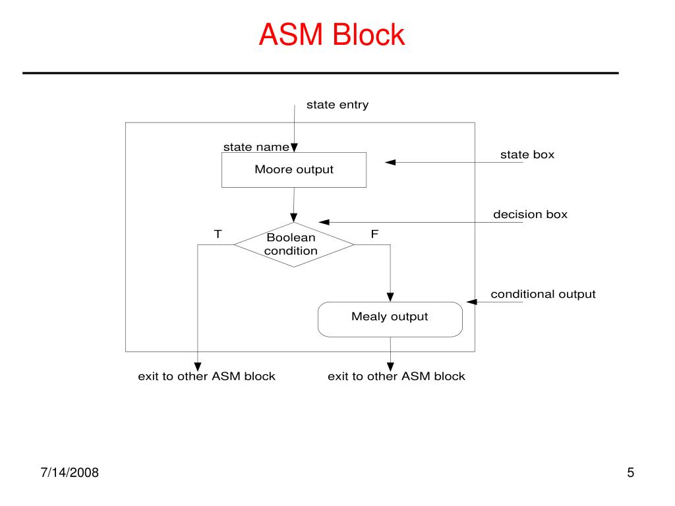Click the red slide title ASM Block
(x=332, y=34)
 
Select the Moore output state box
(x=294, y=170)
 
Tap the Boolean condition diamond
(x=294, y=245)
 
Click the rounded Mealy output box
(x=390, y=320)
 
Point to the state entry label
(x=337, y=105)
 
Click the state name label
(x=256, y=147)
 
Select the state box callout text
(x=527, y=154)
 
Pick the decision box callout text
(x=531, y=214)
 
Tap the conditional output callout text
(x=543, y=295)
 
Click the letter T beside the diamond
(x=218, y=234)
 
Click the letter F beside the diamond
(x=374, y=234)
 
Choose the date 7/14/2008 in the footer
(x=70, y=472)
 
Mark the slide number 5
(x=631, y=472)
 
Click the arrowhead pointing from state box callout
(x=390, y=162)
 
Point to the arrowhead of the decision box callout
(x=324, y=222)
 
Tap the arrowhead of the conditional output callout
(x=471, y=302)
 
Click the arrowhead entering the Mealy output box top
(x=390, y=297)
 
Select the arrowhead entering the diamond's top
(x=293, y=217)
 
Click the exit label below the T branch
(x=206, y=376)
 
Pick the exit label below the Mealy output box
(x=396, y=376)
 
